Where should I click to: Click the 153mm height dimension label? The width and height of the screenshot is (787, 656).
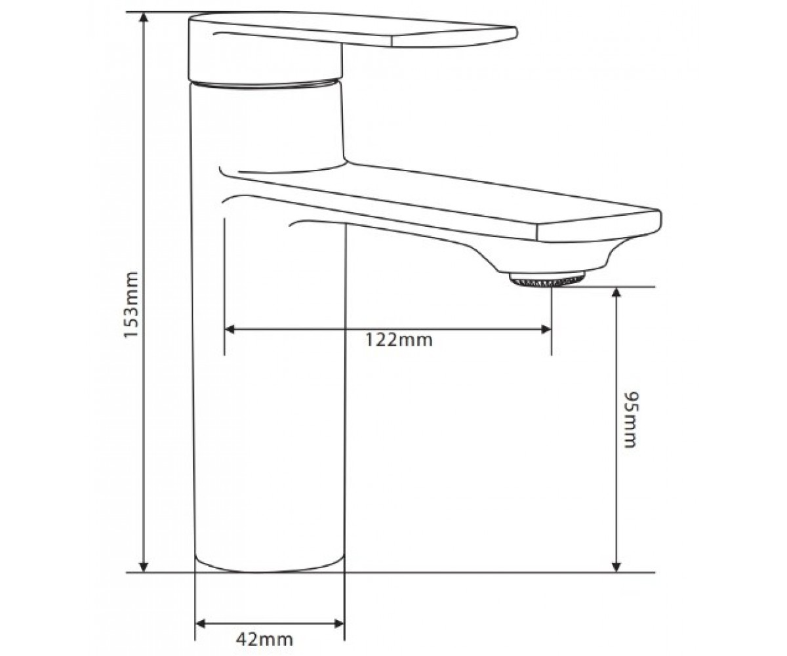coord(132,304)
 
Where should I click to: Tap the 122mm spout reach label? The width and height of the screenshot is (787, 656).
coord(399,340)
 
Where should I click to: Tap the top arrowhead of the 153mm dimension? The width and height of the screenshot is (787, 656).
coord(144,18)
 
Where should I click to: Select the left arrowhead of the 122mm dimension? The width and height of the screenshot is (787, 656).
coord(230,329)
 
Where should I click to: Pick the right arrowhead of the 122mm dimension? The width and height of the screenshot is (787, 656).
coord(546,329)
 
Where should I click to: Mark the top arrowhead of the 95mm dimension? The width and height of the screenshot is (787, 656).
coord(616,293)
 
